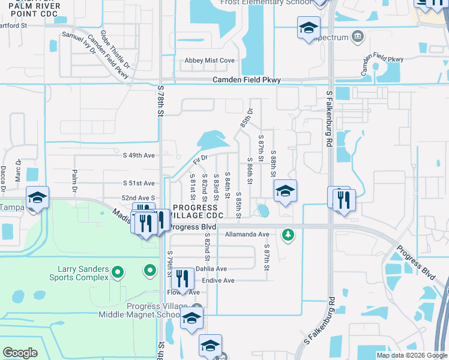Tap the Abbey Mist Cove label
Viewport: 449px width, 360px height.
tap(209, 61)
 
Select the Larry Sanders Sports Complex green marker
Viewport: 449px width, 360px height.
tap(118, 273)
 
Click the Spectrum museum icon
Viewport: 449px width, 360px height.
tap(358, 37)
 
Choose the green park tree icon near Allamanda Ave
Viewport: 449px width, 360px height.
tap(289, 234)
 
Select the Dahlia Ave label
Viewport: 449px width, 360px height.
tap(210, 269)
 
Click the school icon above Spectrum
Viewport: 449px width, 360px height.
tap(309, 28)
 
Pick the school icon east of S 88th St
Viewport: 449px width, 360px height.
tap(285, 191)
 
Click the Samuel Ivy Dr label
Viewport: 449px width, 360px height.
tap(79, 43)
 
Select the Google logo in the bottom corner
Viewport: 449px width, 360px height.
tap(20, 352)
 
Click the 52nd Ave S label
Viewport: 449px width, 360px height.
tap(139, 197)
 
